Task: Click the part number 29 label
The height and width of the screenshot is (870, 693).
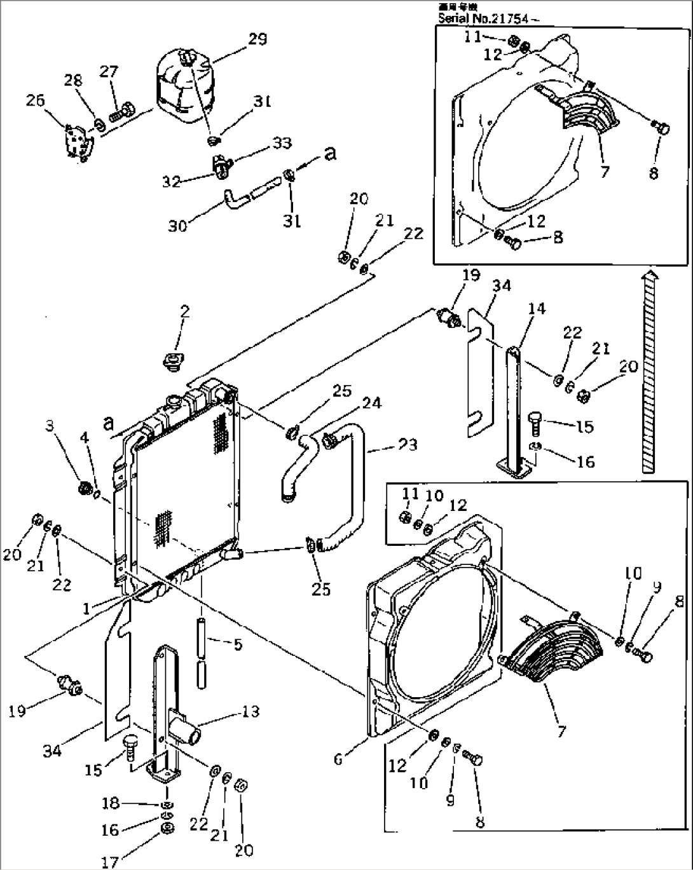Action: click(257, 39)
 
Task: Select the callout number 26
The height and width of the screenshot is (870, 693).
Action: click(35, 100)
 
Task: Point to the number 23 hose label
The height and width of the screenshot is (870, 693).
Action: click(408, 444)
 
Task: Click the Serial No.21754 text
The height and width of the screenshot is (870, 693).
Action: click(488, 18)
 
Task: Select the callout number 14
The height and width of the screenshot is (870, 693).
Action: click(537, 309)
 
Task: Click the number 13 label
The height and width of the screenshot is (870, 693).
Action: click(251, 711)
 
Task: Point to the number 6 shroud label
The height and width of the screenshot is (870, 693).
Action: click(338, 758)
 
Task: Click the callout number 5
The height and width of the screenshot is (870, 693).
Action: click(237, 644)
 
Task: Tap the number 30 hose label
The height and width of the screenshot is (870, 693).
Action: click(177, 225)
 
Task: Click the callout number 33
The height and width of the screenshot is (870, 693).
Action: click(282, 143)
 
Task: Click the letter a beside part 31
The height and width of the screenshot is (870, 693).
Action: click(330, 154)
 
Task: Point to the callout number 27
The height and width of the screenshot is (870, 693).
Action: click(109, 72)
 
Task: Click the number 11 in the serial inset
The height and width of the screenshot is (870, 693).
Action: click(472, 37)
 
